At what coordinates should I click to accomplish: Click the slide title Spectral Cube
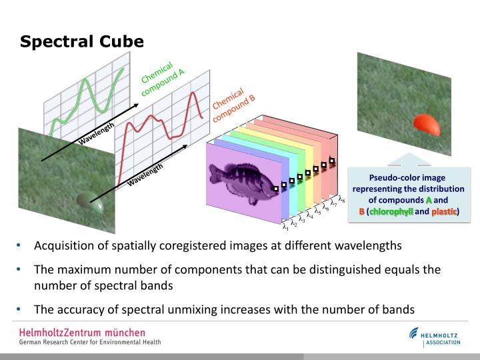coord(81,42)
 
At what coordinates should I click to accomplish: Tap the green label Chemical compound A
coord(161,79)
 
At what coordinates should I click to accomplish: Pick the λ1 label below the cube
coord(285,227)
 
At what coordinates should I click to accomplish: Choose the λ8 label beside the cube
coord(341,199)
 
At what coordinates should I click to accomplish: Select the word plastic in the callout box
coord(443,211)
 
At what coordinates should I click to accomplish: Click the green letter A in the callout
coord(429,199)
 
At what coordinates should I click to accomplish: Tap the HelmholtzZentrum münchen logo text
coord(82,332)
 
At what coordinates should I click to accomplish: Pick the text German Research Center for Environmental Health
coord(90,343)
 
